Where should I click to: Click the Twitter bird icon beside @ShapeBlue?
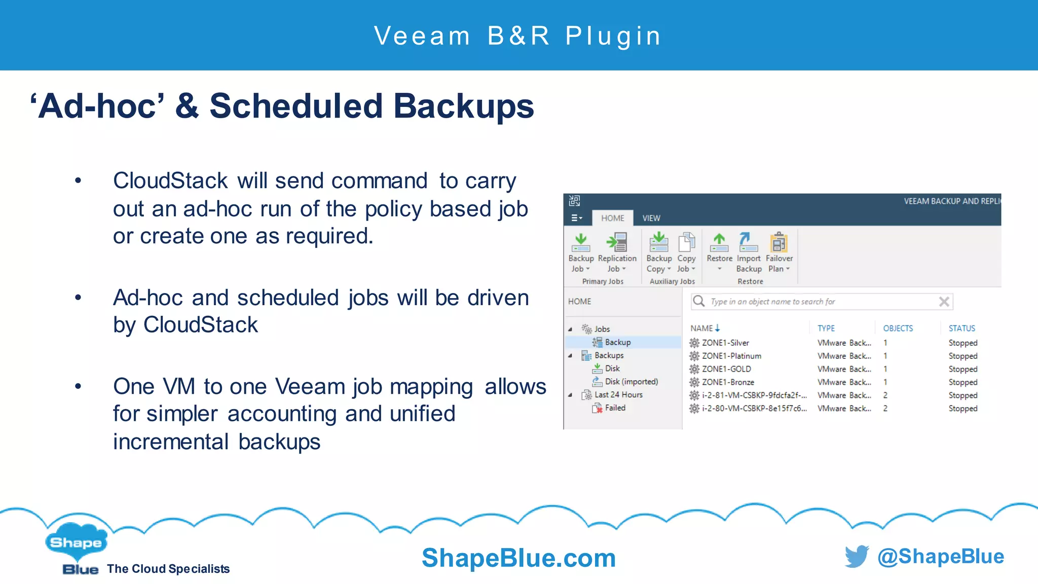[x=857, y=557]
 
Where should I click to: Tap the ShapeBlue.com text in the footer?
[x=518, y=558]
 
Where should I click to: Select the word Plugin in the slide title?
[x=613, y=36]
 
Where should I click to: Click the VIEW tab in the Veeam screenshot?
[x=651, y=218]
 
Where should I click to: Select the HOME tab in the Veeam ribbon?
[x=612, y=218]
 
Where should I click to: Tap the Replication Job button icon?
[x=617, y=242]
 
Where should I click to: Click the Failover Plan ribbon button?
[x=779, y=252]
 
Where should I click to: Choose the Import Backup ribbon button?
[x=749, y=252]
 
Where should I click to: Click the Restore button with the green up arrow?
[x=719, y=248]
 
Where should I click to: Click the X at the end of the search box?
[x=944, y=302]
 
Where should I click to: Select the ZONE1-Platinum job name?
[x=731, y=356]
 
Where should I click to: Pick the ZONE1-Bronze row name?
[x=728, y=382]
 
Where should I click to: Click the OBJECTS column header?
[x=898, y=328]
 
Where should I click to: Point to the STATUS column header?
[x=961, y=328]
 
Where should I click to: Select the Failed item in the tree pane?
[x=615, y=408]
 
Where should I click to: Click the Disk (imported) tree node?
[x=631, y=382]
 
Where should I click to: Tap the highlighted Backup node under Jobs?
[x=617, y=342]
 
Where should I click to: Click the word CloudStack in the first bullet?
[x=170, y=181]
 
